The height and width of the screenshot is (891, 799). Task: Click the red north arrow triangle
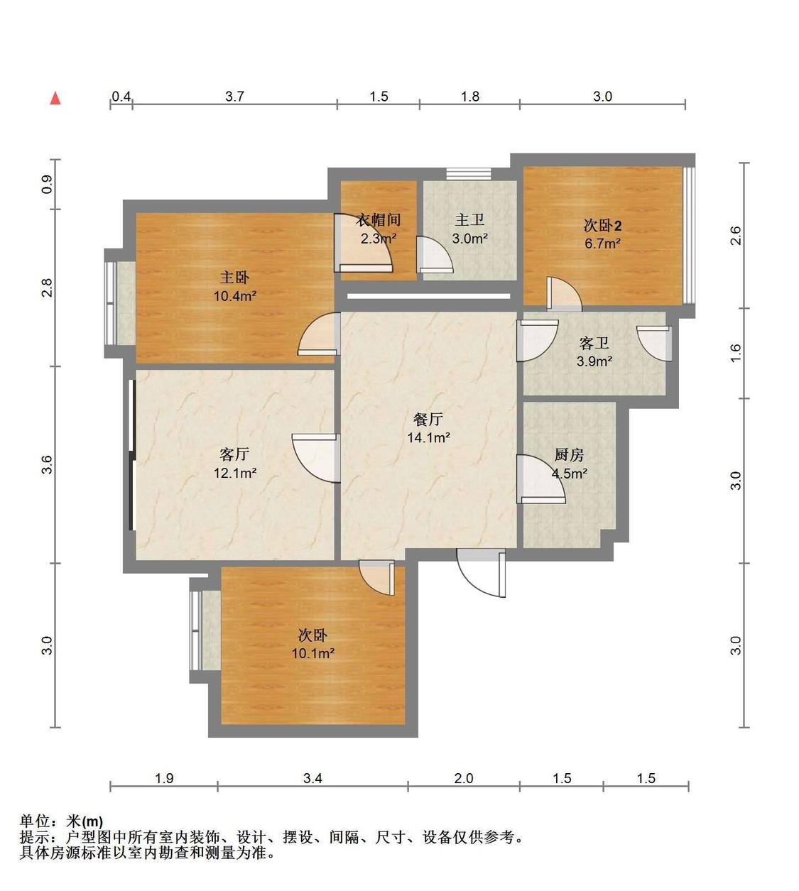pos(55,98)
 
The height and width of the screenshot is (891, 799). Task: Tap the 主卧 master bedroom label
pos(234,278)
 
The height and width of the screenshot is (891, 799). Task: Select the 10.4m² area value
pos(235,296)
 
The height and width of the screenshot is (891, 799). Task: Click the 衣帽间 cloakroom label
pos(379,220)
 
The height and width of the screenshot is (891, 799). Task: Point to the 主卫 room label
pos(469,219)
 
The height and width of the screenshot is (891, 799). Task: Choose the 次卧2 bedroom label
pos(602,226)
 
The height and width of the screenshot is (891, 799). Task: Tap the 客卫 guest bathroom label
pos(594,343)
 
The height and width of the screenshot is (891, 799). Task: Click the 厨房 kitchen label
pos(569,455)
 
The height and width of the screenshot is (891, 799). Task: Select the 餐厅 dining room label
pos(428,419)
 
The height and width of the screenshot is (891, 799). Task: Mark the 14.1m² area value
pos(428,437)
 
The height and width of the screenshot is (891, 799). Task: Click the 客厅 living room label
pos(234,454)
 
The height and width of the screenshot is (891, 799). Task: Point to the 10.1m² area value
pos(312,653)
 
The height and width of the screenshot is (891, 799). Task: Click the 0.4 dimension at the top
pos(121,97)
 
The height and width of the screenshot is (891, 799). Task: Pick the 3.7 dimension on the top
pos(234,97)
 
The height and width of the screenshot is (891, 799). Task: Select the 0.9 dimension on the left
pos(47,185)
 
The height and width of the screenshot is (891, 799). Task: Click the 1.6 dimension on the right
pos(736,353)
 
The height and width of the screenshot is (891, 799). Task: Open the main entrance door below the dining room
pos(482,573)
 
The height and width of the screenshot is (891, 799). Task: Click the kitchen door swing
pos(540,479)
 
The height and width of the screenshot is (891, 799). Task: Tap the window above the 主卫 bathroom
pos(469,174)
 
